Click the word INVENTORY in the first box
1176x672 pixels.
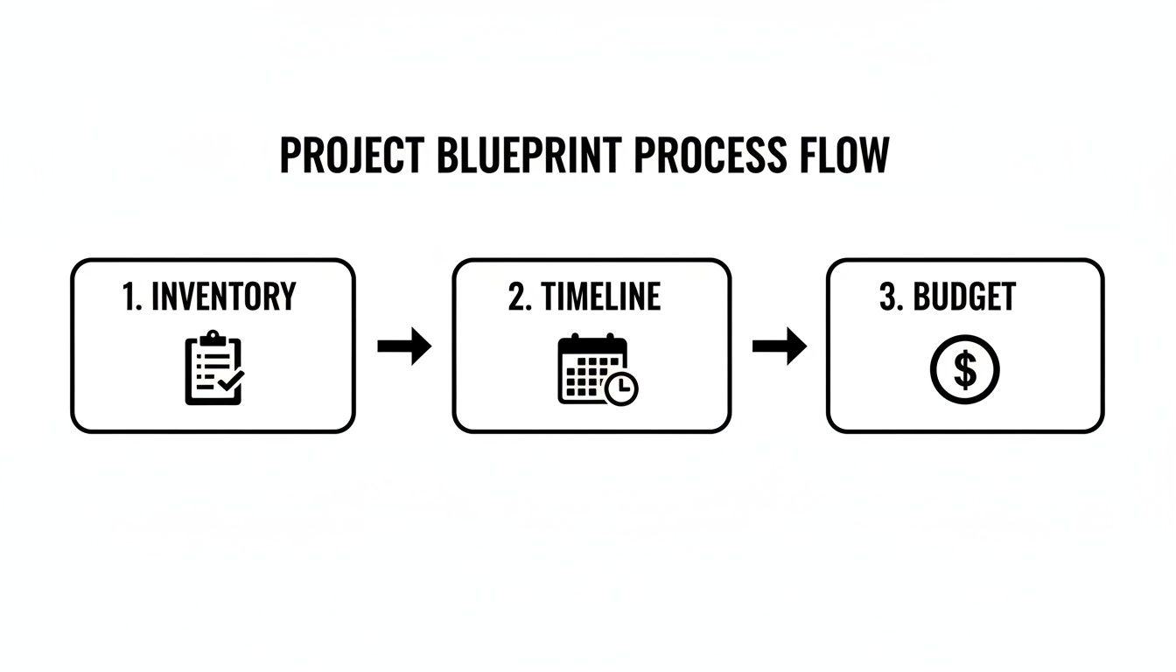(223, 297)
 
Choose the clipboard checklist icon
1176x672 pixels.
(213, 368)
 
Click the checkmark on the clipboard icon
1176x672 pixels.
(231, 381)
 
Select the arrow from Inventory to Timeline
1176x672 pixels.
(404, 346)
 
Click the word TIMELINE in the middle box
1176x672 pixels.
(600, 297)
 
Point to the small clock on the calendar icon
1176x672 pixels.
(622, 388)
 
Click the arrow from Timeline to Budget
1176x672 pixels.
(779, 346)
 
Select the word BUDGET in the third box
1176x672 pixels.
(964, 297)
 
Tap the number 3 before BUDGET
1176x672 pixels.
(889, 297)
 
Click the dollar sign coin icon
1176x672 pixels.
(964, 370)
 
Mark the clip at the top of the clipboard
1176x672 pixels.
(210, 338)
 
